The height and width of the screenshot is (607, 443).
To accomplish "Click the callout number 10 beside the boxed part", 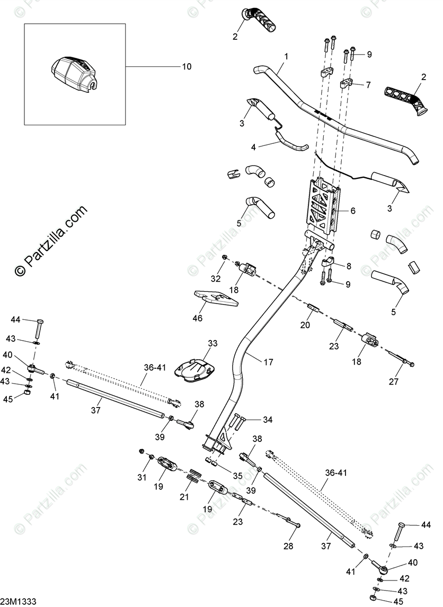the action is point(186,66).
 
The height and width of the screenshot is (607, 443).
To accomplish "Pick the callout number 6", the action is point(352,211).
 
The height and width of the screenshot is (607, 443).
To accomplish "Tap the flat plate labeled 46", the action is point(216,298).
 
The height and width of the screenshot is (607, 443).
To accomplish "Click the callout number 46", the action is point(198,318).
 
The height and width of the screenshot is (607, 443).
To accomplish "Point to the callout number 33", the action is point(212,343).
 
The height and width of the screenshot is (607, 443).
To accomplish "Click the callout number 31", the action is point(141,477).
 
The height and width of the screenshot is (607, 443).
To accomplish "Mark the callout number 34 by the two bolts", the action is point(268,420).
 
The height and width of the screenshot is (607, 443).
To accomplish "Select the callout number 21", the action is point(184,497).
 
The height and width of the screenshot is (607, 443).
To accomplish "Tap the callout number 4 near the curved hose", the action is point(253,146).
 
